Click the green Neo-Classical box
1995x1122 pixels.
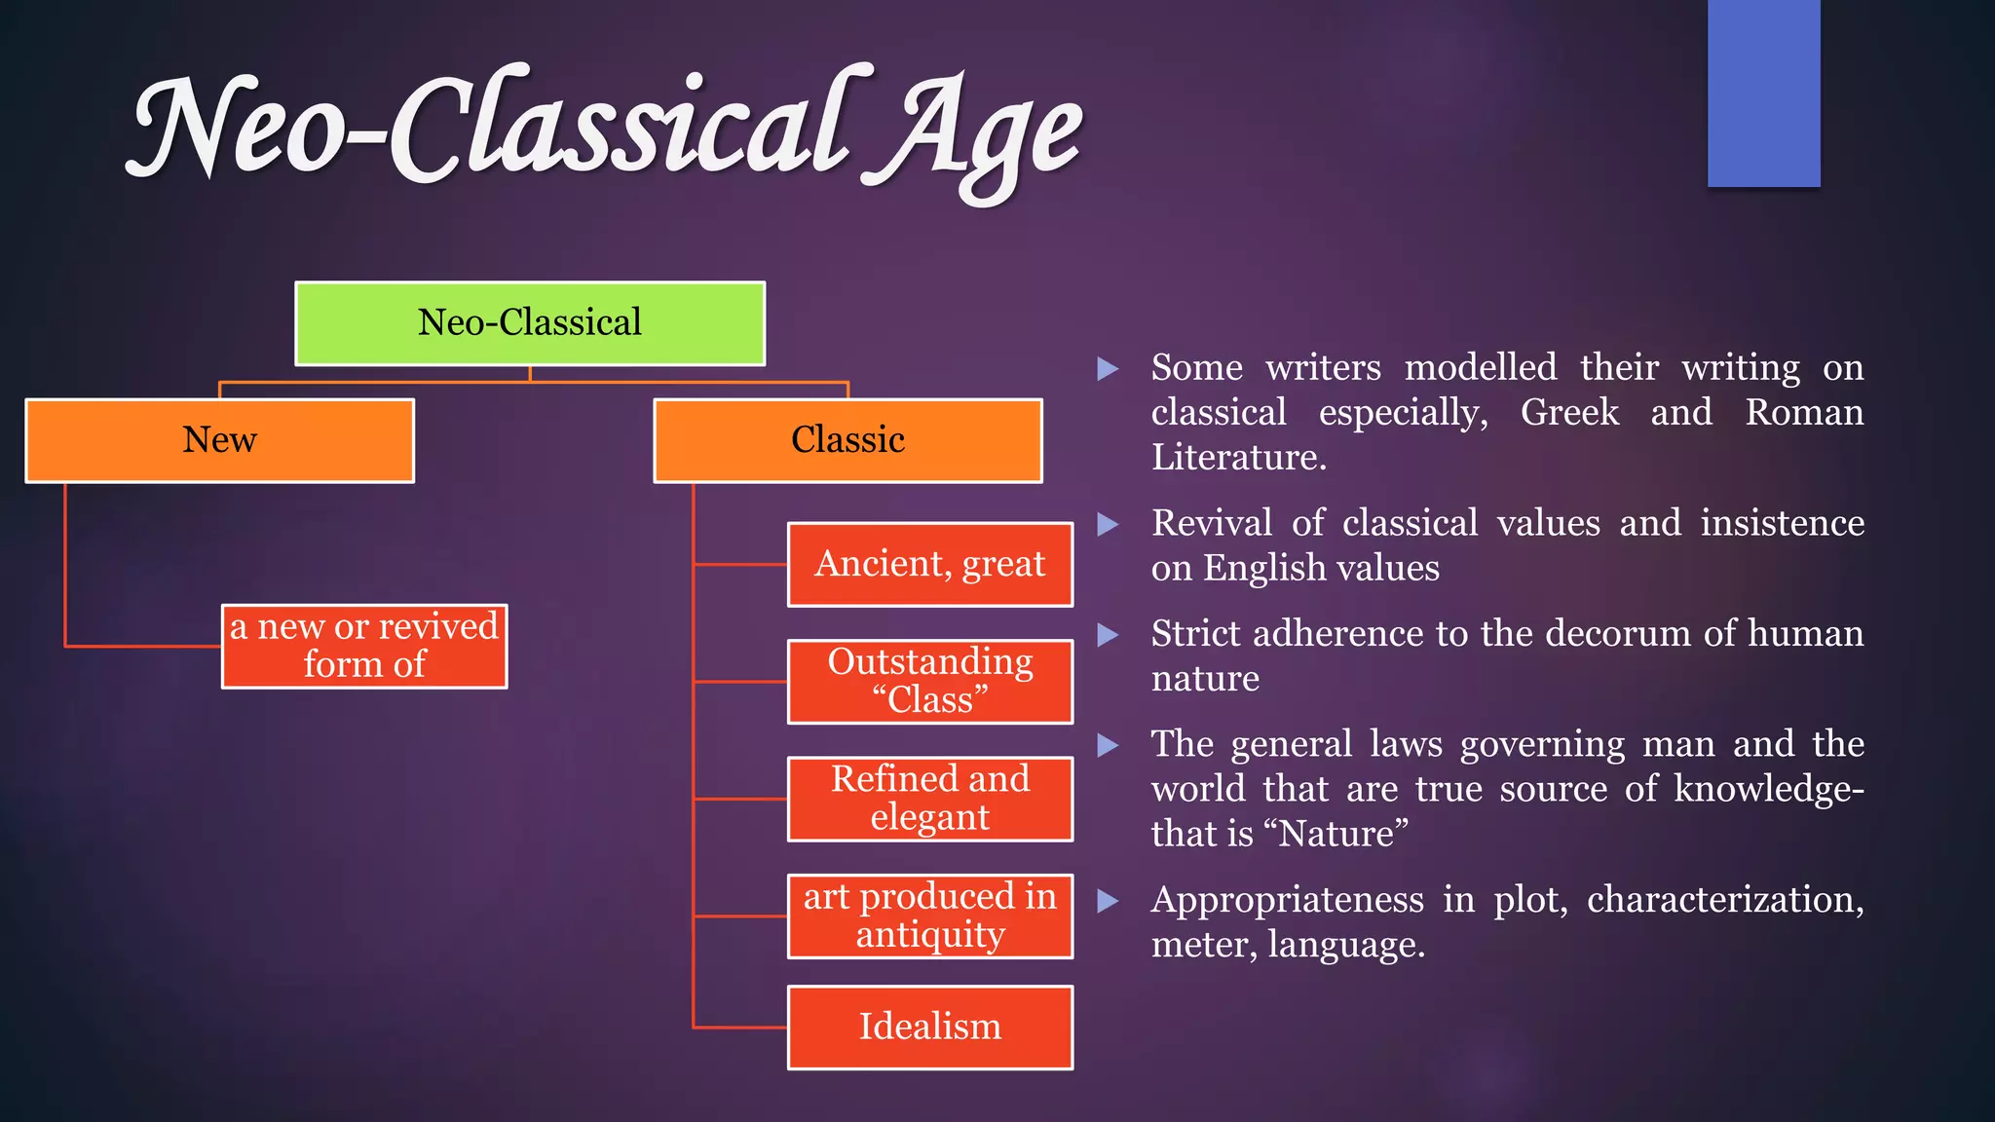tap(530, 323)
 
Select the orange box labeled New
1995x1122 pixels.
tap(220, 440)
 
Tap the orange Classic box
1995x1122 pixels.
tap(847, 440)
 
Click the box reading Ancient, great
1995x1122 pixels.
tap(929, 564)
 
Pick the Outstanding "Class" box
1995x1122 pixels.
tap(929, 681)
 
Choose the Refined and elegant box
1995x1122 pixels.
tap(929, 798)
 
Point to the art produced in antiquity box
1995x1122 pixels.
tap(929, 916)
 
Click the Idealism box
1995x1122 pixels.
tap(929, 1028)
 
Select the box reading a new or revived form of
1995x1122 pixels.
tap(364, 646)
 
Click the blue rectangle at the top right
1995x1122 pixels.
tap(1763, 93)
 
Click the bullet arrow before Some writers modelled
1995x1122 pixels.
tap(1108, 368)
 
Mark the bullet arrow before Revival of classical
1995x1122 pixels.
tap(1108, 524)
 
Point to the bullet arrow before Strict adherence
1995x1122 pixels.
tap(1108, 635)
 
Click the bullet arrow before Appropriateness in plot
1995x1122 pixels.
tap(1108, 901)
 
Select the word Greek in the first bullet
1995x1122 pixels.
tap(1569, 413)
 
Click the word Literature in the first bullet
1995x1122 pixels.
tap(1237, 458)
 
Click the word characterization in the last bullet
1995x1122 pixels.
tap(1724, 900)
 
